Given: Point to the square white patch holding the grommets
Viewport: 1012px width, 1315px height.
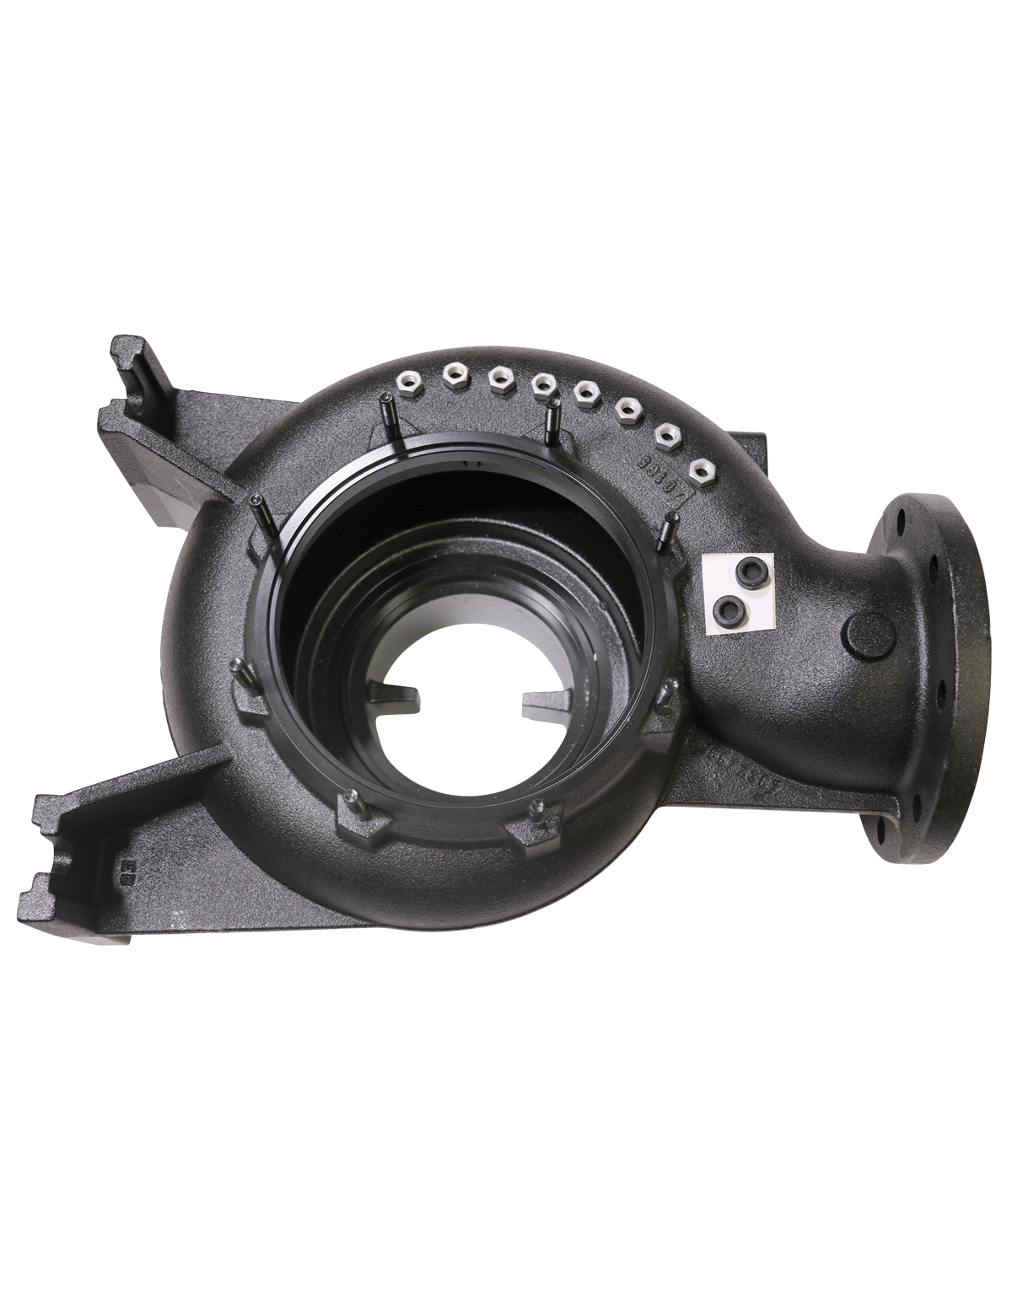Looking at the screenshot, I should (737, 592).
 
